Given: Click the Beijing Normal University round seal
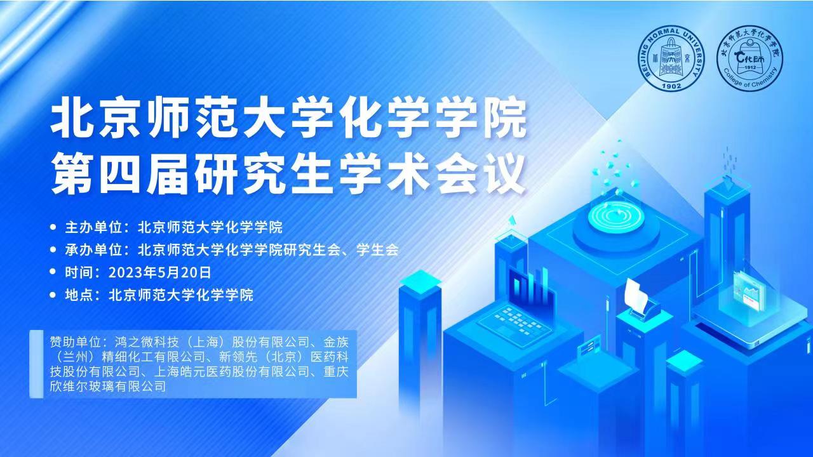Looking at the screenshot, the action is (x=671, y=58).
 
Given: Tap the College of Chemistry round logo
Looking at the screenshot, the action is (x=750, y=58).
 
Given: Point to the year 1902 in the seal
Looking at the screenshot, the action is (x=672, y=86).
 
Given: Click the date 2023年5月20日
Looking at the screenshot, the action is (x=159, y=272).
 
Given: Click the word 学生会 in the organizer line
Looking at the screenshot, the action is (x=377, y=250).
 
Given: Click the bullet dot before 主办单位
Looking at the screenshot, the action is (x=53, y=227).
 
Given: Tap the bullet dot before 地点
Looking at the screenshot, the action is (x=53, y=295).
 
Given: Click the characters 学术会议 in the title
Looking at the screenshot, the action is (x=434, y=174).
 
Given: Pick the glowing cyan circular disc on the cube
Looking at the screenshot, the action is (x=616, y=216).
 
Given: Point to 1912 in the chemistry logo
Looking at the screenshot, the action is (x=750, y=67).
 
